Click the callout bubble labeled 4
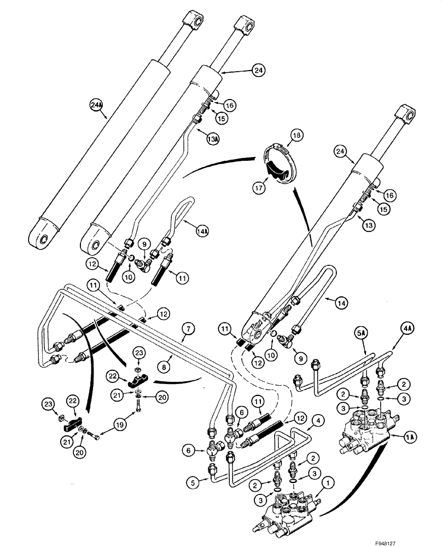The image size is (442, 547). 317,421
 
